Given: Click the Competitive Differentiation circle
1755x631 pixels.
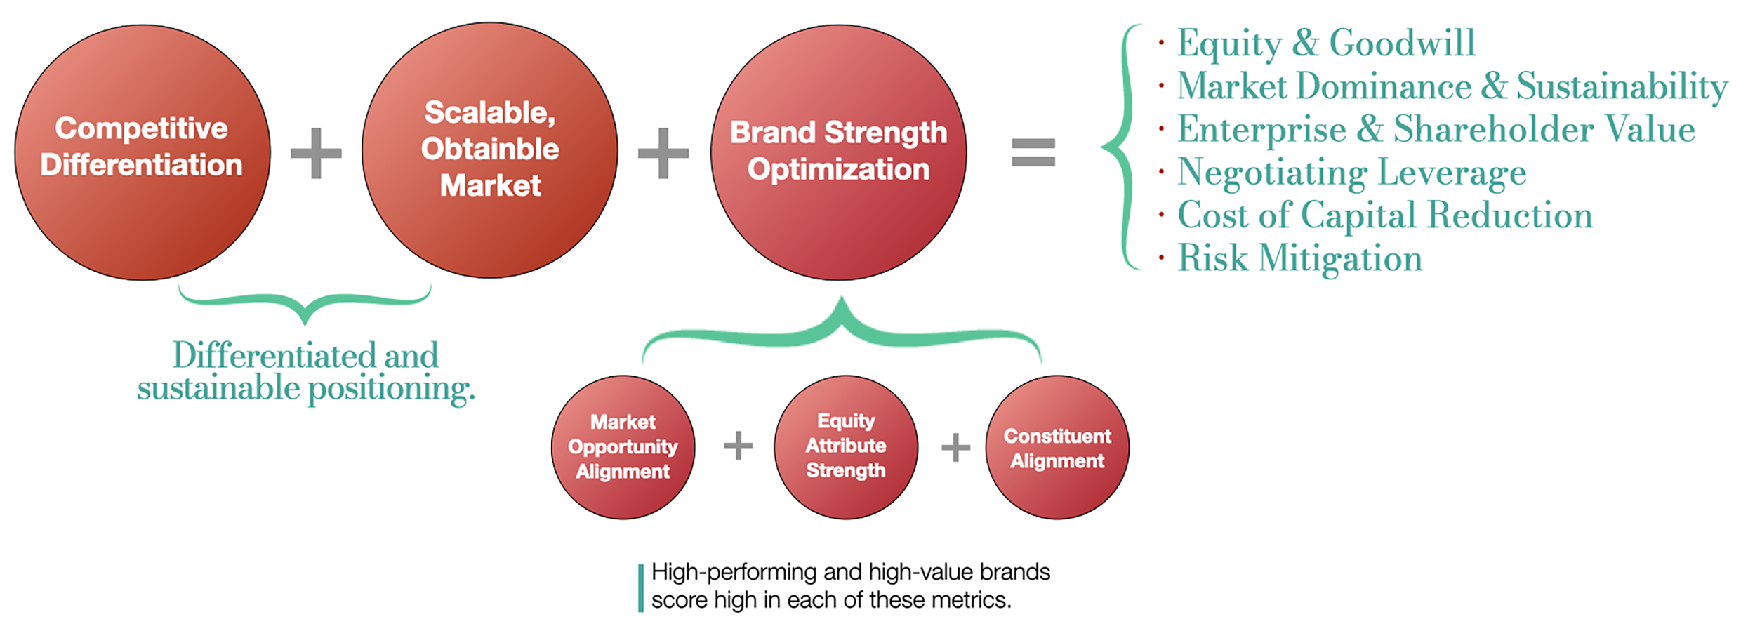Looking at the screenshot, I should point(143,152).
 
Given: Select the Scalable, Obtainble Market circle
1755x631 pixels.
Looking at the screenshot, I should point(490,150).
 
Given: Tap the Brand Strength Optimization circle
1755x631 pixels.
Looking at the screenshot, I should point(838,152).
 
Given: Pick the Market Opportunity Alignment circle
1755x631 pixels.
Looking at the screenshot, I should point(623,447).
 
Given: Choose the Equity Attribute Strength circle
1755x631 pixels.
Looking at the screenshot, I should point(846,447).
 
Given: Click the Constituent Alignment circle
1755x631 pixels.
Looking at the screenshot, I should point(1057,447).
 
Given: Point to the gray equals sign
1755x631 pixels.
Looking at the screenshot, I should point(1033,152).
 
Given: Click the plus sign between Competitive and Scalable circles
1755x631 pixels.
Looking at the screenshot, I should point(316,152).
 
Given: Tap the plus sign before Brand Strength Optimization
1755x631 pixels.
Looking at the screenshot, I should point(663,152).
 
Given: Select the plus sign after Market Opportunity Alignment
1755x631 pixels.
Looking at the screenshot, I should point(738,446).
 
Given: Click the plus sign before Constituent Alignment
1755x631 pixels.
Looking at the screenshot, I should point(955,447).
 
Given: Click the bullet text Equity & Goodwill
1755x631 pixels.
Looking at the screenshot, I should point(1325,44).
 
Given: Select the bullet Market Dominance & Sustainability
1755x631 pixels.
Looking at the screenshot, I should point(1452,87).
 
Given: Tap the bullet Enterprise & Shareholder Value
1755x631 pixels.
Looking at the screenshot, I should point(1436,130).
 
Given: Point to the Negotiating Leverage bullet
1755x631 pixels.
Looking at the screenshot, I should point(1351,173).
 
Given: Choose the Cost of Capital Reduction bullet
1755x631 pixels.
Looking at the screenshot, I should point(1384,215).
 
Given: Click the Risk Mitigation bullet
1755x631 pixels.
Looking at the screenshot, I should point(1299,258).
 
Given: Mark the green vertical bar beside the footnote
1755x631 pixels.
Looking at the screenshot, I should point(640,588).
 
